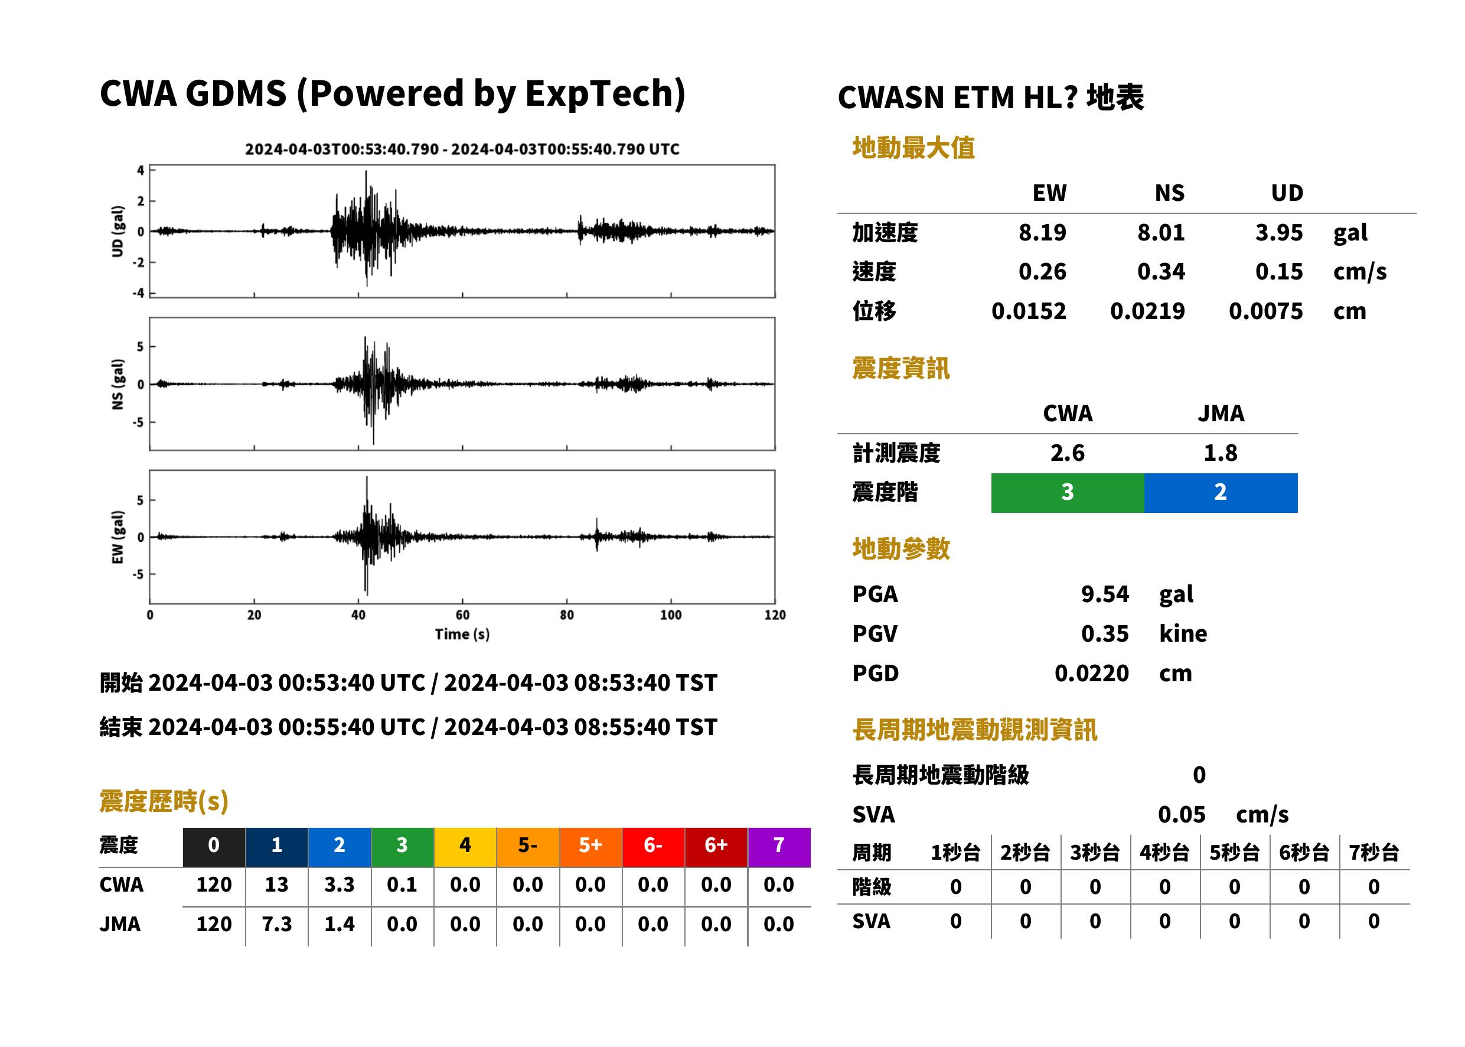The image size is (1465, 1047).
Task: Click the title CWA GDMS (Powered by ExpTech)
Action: click(x=392, y=94)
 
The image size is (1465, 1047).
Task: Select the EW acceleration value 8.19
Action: click(x=1042, y=232)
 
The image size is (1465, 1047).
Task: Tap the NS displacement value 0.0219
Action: click(x=1147, y=311)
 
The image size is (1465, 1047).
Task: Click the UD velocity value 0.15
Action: click(x=1278, y=271)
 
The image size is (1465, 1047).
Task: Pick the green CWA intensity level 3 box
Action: click(x=1068, y=493)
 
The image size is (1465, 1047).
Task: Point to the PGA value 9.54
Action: click(x=1105, y=594)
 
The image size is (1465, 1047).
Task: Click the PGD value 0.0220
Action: click(x=1091, y=673)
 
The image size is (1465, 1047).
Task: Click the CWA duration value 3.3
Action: click(x=339, y=885)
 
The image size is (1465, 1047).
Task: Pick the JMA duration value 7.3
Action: click(x=276, y=925)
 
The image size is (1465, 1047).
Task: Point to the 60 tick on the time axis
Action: click(x=462, y=615)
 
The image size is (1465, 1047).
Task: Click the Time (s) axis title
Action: click(x=462, y=635)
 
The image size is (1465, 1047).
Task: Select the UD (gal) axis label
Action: click(x=118, y=232)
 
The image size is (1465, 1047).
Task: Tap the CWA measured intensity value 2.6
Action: click(x=1068, y=453)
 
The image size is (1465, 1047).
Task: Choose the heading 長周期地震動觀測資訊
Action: click(x=974, y=730)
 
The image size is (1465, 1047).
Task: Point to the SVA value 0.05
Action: click(x=1182, y=815)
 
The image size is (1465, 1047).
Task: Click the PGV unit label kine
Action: click(x=1183, y=634)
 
